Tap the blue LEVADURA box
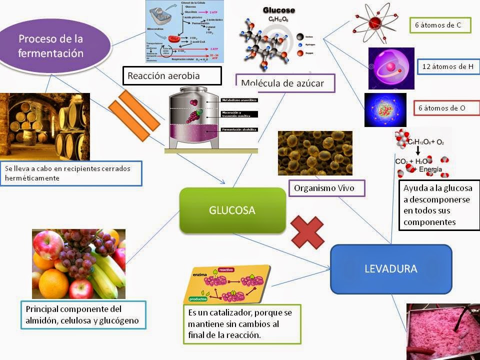[x=391, y=268]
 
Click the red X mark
[x=307, y=231]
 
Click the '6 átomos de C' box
[x=440, y=24]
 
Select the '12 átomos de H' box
[x=448, y=66]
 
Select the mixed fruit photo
[x=78, y=263]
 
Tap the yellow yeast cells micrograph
[x=315, y=153]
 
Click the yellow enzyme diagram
[x=227, y=285]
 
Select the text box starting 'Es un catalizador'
[x=242, y=323]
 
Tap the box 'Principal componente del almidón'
[x=83, y=314]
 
